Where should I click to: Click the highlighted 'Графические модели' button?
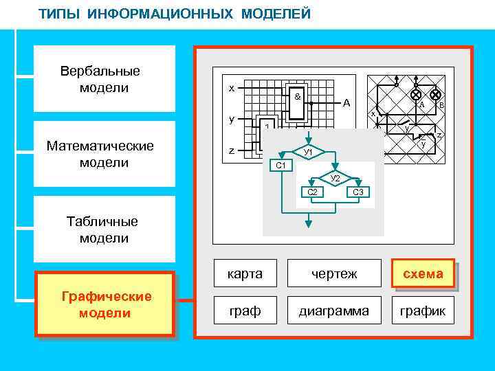(105, 304)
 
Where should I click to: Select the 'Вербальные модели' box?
(100, 79)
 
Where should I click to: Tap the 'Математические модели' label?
(100, 154)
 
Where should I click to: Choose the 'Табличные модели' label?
(102, 229)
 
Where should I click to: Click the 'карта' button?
(245, 273)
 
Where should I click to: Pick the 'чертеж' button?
(333, 273)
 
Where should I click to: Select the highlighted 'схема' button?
(423, 273)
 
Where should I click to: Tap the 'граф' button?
(245, 311)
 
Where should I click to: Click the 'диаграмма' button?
(333, 311)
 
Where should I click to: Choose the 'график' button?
(423, 311)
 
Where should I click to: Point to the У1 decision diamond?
(308, 151)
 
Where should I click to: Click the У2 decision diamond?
(335, 178)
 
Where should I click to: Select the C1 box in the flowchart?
(280, 166)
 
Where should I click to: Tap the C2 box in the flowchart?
(312, 192)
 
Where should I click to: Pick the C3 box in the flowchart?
(357, 192)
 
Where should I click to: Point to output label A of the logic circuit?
(346, 103)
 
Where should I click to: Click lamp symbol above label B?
(435, 94)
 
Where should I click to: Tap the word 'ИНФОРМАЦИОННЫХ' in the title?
(164, 14)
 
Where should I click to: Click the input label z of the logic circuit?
(232, 151)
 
